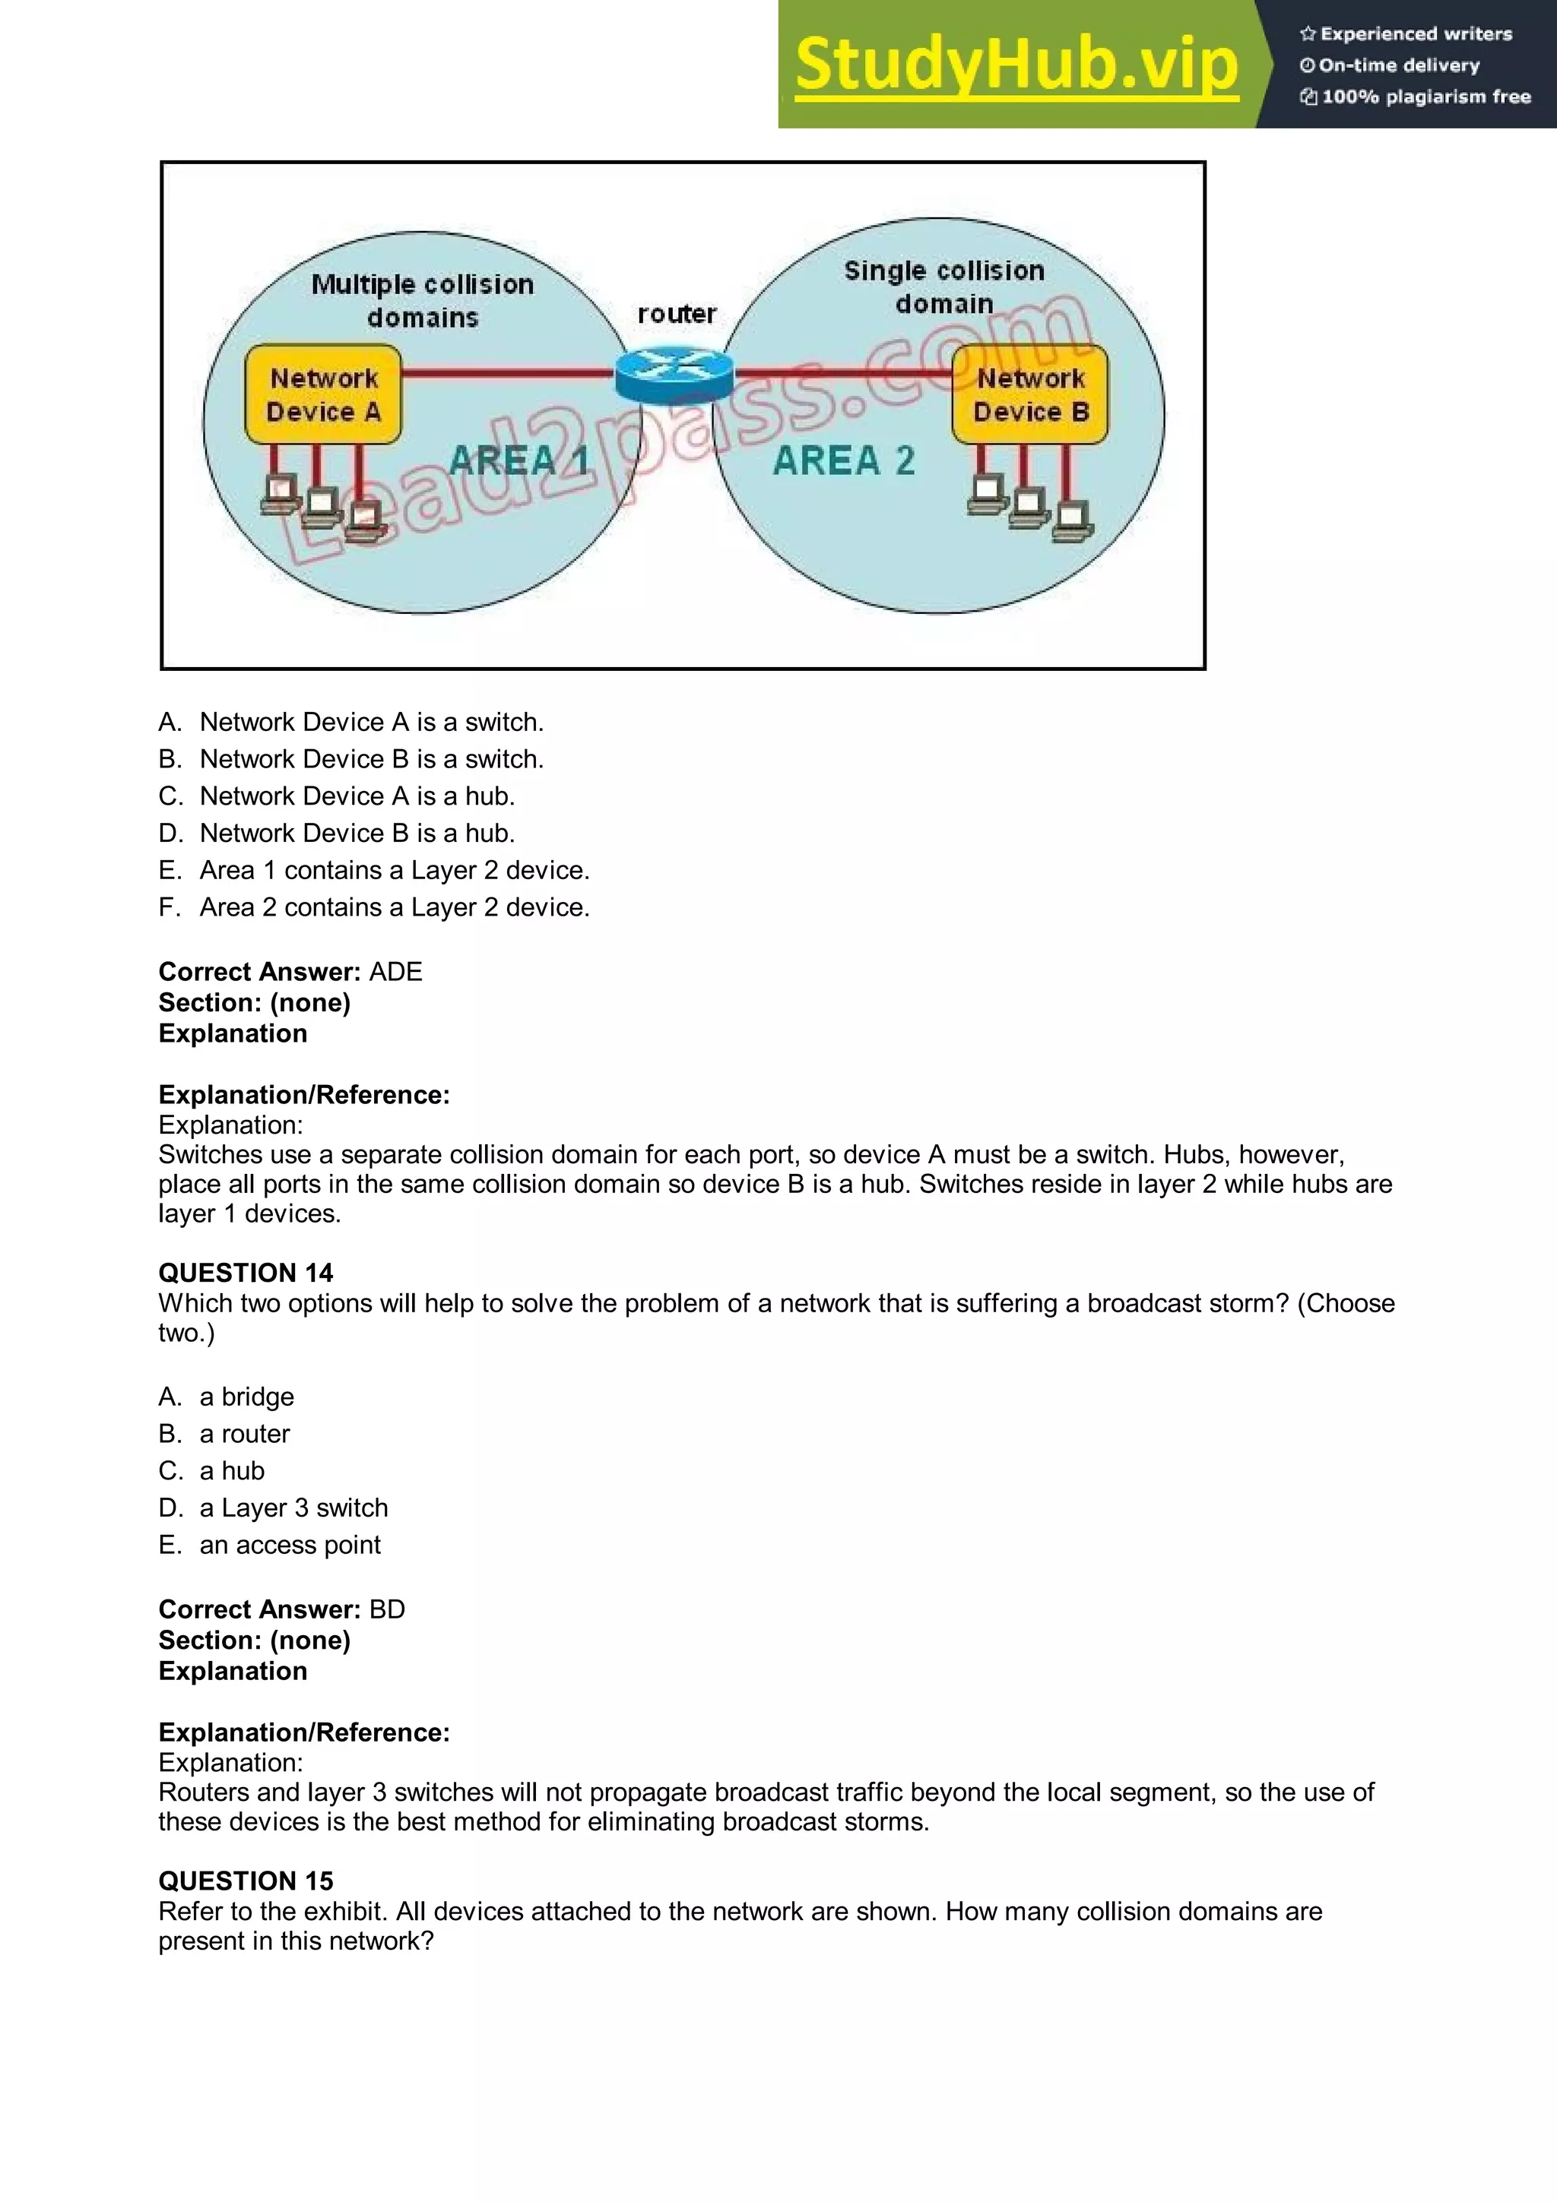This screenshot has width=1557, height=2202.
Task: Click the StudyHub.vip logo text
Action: [x=1016, y=65]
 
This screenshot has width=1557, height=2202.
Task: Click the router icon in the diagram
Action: [x=674, y=373]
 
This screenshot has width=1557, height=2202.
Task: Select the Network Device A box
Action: [x=323, y=395]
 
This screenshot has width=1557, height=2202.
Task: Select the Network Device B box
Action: [x=1030, y=395]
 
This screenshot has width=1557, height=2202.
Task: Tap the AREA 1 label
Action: [x=518, y=460]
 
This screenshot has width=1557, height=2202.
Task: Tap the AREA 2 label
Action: [x=843, y=460]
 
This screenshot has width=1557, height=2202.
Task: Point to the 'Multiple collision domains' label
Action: [x=422, y=300]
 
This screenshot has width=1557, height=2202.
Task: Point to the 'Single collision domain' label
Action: [x=944, y=286]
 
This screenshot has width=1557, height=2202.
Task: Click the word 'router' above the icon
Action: [x=677, y=314]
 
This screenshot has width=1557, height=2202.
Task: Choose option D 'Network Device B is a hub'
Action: [x=357, y=833]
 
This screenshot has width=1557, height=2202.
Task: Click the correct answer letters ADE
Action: [x=395, y=972]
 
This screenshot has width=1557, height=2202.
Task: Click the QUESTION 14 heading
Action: [x=246, y=1273]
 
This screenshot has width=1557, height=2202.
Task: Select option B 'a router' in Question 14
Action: [x=244, y=1433]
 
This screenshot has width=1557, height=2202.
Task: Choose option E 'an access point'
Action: [x=289, y=1544]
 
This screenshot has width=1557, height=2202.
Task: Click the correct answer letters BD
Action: [x=387, y=1609]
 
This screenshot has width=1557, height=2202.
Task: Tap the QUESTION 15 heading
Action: [x=246, y=1881]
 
